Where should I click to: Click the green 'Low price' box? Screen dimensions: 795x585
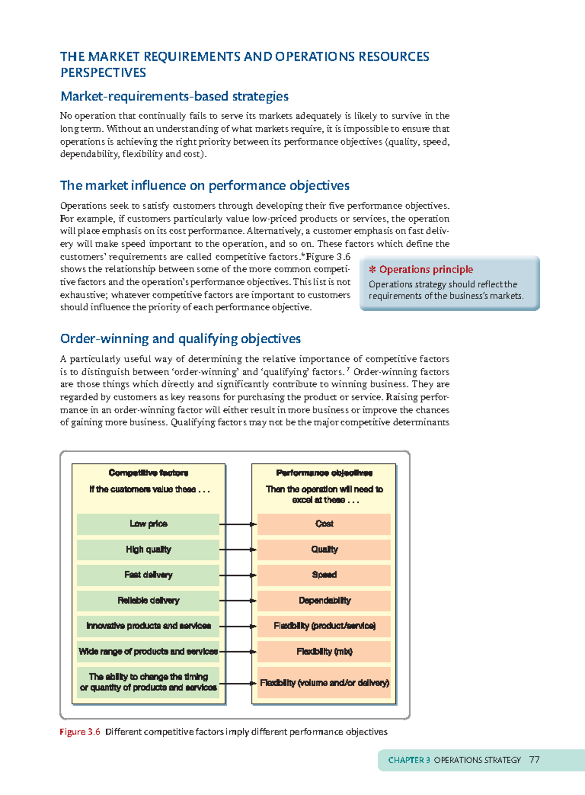pyautogui.click(x=148, y=524)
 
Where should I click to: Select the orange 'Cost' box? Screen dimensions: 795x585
pyautogui.click(x=324, y=524)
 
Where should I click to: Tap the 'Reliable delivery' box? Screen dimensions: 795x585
pyautogui.click(x=148, y=600)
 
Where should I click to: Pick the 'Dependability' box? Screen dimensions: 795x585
pyautogui.click(x=324, y=600)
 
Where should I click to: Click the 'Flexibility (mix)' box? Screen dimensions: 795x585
pyautogui.click(x=324, y=652)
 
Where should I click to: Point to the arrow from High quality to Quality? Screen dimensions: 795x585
pyautogui.click(x=238, y=550)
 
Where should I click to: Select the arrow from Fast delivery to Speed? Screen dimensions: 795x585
pyautogui.click(x=238, y=575)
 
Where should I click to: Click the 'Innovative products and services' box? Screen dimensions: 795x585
pyautogui.click(x=148, y=626)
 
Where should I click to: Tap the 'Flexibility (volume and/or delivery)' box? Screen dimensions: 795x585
pyautogui.click(x=324, y=683)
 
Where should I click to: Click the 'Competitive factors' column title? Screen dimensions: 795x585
pyautogui.click(x=148, y=473)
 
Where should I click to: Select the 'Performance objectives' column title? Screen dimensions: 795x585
pyautogui.click(x=324, y=473)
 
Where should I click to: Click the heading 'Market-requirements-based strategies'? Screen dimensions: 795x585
pyautogui.click(x=174, y=96)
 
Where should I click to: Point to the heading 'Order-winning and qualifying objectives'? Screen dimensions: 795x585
pyautogui.click(x=180, y=338)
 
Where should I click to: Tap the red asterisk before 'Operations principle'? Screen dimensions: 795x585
pyautogui.click(x=372, y=270)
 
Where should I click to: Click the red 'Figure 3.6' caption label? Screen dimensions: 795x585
pyautogui.click(x=79, y=732)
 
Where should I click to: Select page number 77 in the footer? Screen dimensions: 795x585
pyautogui.click(x=534, y=760)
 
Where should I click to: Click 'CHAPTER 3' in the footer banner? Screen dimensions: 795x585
pyautogui.click(x=409, y=760)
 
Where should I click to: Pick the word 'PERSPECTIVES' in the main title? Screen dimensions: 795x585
pyautogui.click(x=103, y=73)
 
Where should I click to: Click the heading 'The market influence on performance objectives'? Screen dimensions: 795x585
pyautogui.click(x=204, y=185)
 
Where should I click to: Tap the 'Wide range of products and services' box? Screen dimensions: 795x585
pyautogui.click(x=148, y=652)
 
